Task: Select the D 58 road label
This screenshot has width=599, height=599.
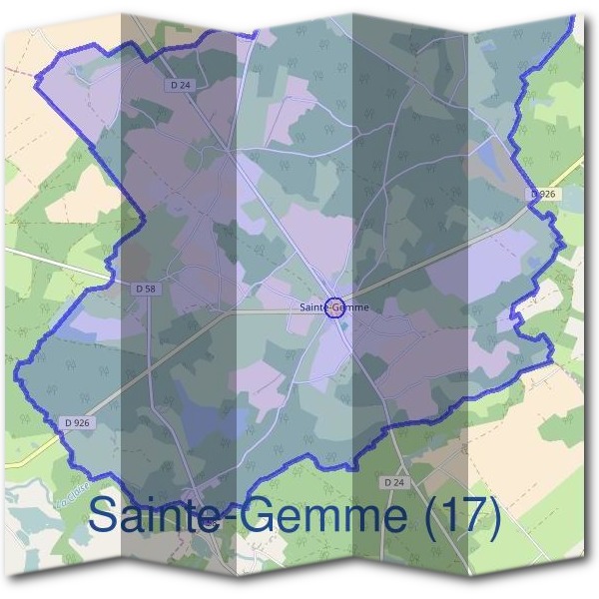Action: pos(145,288)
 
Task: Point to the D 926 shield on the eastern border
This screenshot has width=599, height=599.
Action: pos(542,194)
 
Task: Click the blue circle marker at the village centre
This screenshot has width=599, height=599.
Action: pos(335,306)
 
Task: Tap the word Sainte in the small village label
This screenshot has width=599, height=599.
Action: pos(312,306)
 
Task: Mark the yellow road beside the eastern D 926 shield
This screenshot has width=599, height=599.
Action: pos(569,180)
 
